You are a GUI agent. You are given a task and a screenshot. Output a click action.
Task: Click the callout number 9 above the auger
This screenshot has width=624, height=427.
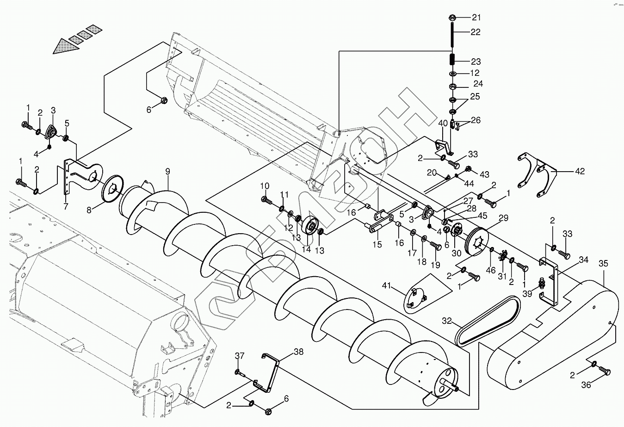pos(168,172)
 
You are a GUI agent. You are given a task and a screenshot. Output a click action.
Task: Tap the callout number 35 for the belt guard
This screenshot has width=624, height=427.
pos(603,264)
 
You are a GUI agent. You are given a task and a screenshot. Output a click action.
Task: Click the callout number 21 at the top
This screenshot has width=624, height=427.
pos(476,18)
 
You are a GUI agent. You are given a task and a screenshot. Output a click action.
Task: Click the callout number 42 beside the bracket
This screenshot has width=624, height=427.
pos(580,172)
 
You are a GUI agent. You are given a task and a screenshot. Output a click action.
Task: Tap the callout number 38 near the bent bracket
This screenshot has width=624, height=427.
pos(298,352)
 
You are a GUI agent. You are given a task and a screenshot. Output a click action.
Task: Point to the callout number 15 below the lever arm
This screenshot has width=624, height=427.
pos(377,244)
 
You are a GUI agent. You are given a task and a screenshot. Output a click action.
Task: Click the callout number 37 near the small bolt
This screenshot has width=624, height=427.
pos(239,356)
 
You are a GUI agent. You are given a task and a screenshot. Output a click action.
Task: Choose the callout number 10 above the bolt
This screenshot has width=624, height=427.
pos(265,186)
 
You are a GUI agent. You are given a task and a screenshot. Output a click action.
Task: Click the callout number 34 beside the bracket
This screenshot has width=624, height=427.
pos(583,260)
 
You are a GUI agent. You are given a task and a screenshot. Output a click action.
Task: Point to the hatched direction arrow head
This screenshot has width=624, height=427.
pos(64,46)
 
